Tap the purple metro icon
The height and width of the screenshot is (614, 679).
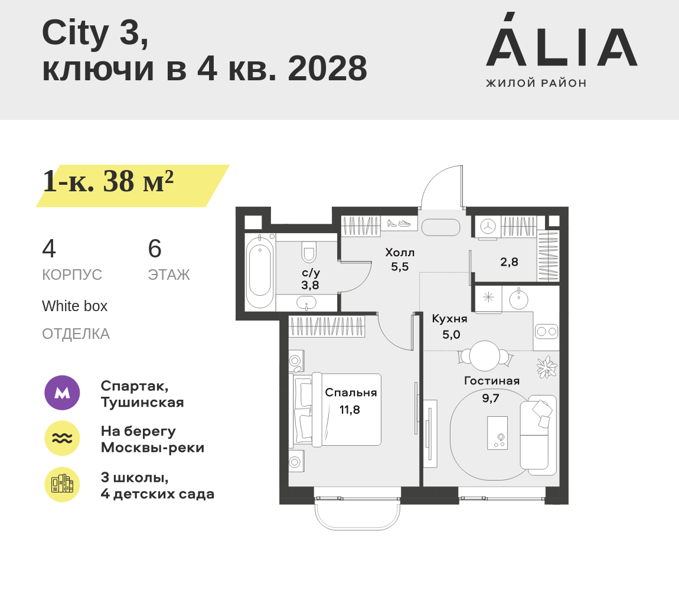pyautogui.click(x=62, y=393)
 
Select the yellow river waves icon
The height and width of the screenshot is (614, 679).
pyautogui.click(x=62, y=438)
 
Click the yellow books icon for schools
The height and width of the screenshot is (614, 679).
pyautogui.click(x=62, y=484)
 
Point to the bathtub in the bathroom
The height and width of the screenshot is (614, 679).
pyautogui.click(x=260, y=271)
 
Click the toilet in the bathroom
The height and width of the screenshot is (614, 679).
pyautogui.click(x=309, y=252)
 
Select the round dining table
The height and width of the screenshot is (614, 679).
pyautogui.click(x=485, y=356)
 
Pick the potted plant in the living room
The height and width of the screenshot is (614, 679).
pyautogui.click(x=547, y=367)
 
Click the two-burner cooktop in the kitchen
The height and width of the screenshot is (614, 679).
pyautogui.click(x=546, y=332)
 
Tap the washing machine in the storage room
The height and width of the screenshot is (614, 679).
pyautogui.click(x=488, y=227)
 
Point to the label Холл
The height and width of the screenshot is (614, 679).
pyautogui.click(x=400, y=253)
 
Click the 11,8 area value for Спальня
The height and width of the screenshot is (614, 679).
pyautogui.click(x=350, y=410)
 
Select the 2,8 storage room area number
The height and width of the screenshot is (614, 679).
pyautogui.click(x=509, y=262)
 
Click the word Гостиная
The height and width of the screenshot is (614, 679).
pyautogui.click(x=492, y=381)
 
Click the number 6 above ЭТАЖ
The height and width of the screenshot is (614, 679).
pyautogui.click(x=155, y=249)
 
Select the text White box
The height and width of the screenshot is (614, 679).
pyautogui.click(x=74, y=306)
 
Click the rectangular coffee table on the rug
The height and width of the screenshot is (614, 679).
pyautogui.click(x=497, y=433)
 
